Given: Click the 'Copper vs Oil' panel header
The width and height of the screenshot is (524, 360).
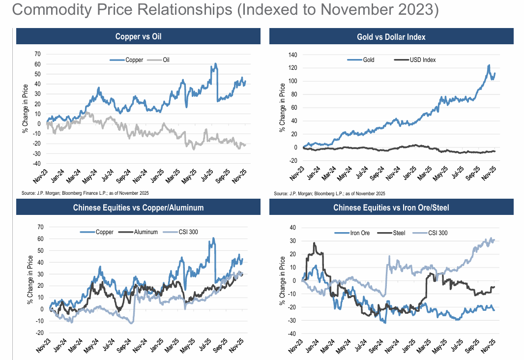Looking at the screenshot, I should coord(138,36).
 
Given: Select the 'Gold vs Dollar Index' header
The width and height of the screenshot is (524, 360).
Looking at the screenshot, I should coord(391,37).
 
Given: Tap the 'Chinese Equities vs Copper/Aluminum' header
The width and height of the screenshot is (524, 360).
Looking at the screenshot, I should coord(138,208).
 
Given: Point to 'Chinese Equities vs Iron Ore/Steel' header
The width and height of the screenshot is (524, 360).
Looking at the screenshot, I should coord(391,208).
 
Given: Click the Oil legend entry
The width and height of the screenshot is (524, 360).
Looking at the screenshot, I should coord(165,60).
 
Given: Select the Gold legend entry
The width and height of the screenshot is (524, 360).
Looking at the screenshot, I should coord(369,60).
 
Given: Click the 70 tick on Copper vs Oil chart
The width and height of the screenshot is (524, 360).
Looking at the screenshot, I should coord(37,54).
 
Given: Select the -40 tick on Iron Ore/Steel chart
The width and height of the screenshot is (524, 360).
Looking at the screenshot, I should coord(292,334).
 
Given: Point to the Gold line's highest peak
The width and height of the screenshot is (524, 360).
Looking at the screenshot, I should coord(489,65).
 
